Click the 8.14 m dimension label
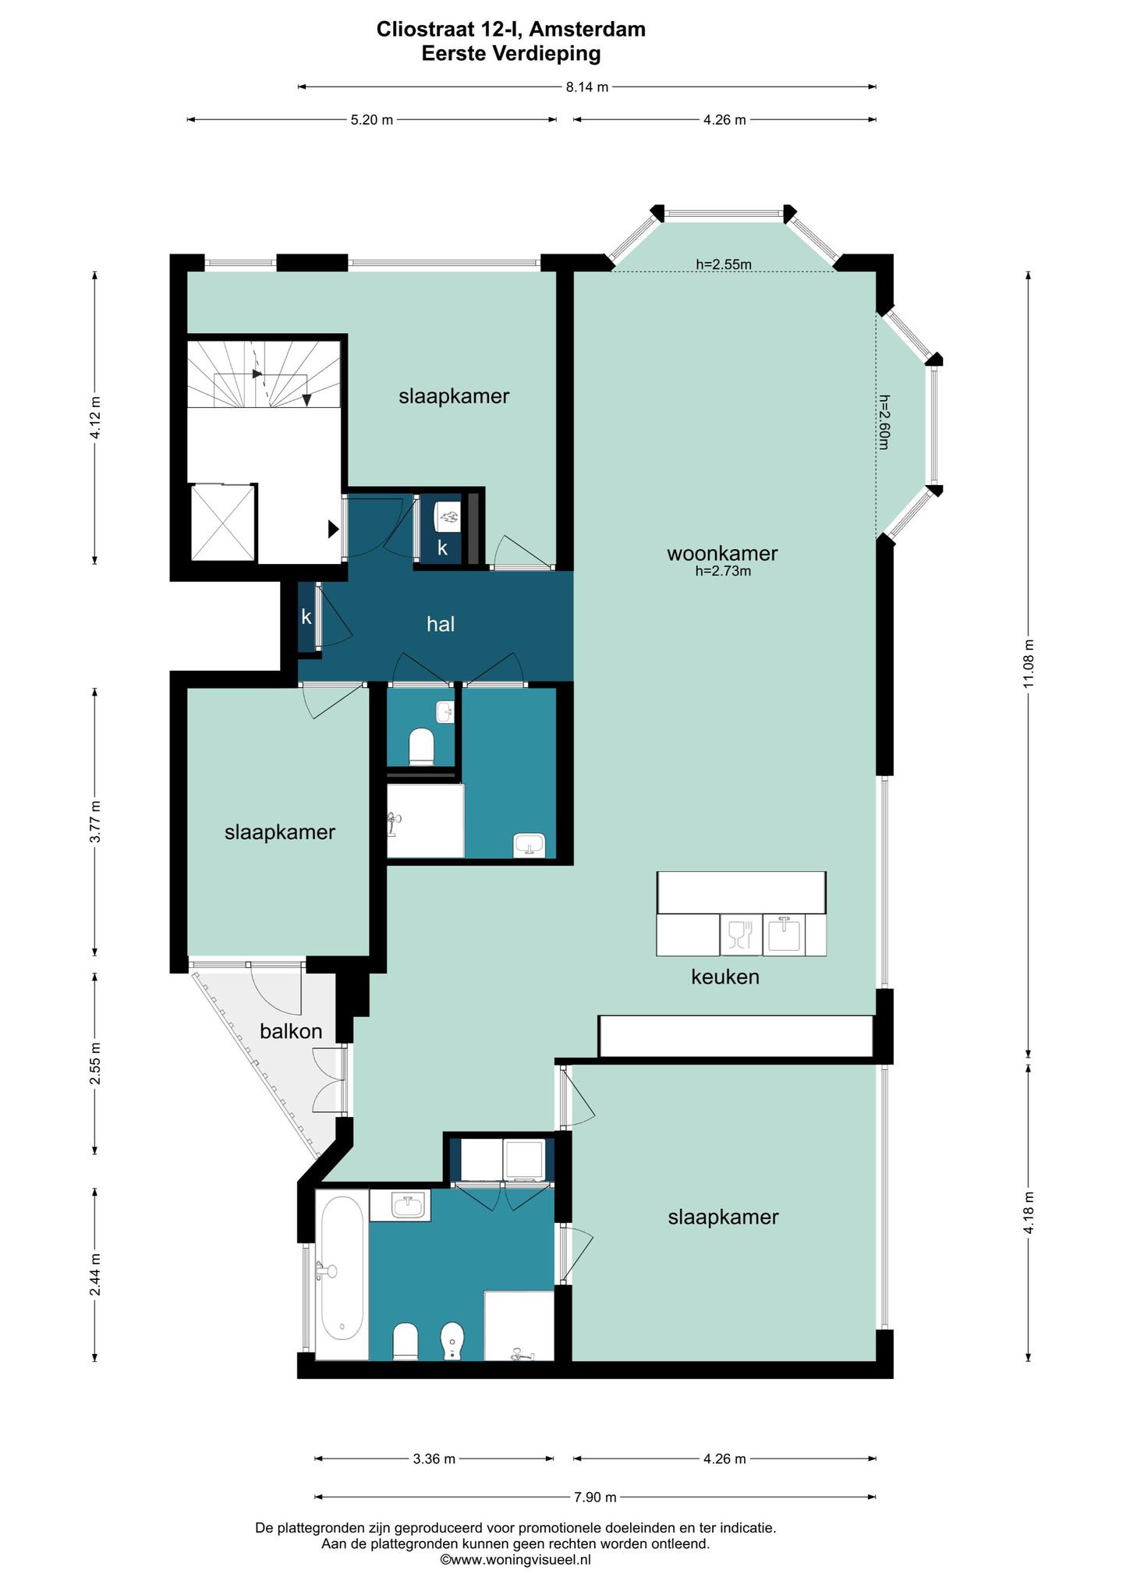[586, 87]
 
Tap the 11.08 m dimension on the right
[1029, 664]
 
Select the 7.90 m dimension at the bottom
[595, 1497]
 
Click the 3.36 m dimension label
[434, 1459]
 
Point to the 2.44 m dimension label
[95, 1274]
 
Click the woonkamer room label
[722, 554]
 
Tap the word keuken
[725, 977]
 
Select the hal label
[441, 624]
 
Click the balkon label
[291, 1031]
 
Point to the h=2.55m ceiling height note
[724, 264]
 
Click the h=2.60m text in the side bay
[884, 421]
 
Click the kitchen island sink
[784, 934]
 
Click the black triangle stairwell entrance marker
[334, 529]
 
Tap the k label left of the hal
[306, 617]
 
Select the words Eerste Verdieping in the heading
[512, 54]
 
